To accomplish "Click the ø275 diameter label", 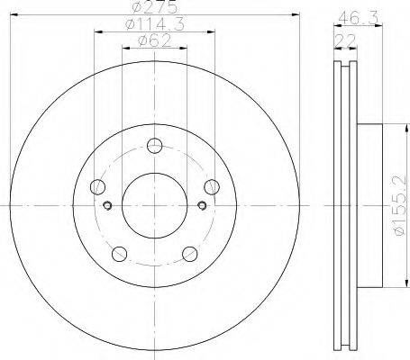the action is tap(155, 7).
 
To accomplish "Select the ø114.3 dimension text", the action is tap(155, 24).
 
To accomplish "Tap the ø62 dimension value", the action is tap(155, 40).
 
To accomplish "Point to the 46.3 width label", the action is tap(358, 19).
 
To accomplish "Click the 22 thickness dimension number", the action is tap(345, 40).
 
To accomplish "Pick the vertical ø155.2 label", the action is tap(400, 205).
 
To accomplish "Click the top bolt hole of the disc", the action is tap(155, 146).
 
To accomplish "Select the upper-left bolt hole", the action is tap(97, 187).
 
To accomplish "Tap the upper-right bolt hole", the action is tap(212, 187).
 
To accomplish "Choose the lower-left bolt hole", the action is tap(119, 254).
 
